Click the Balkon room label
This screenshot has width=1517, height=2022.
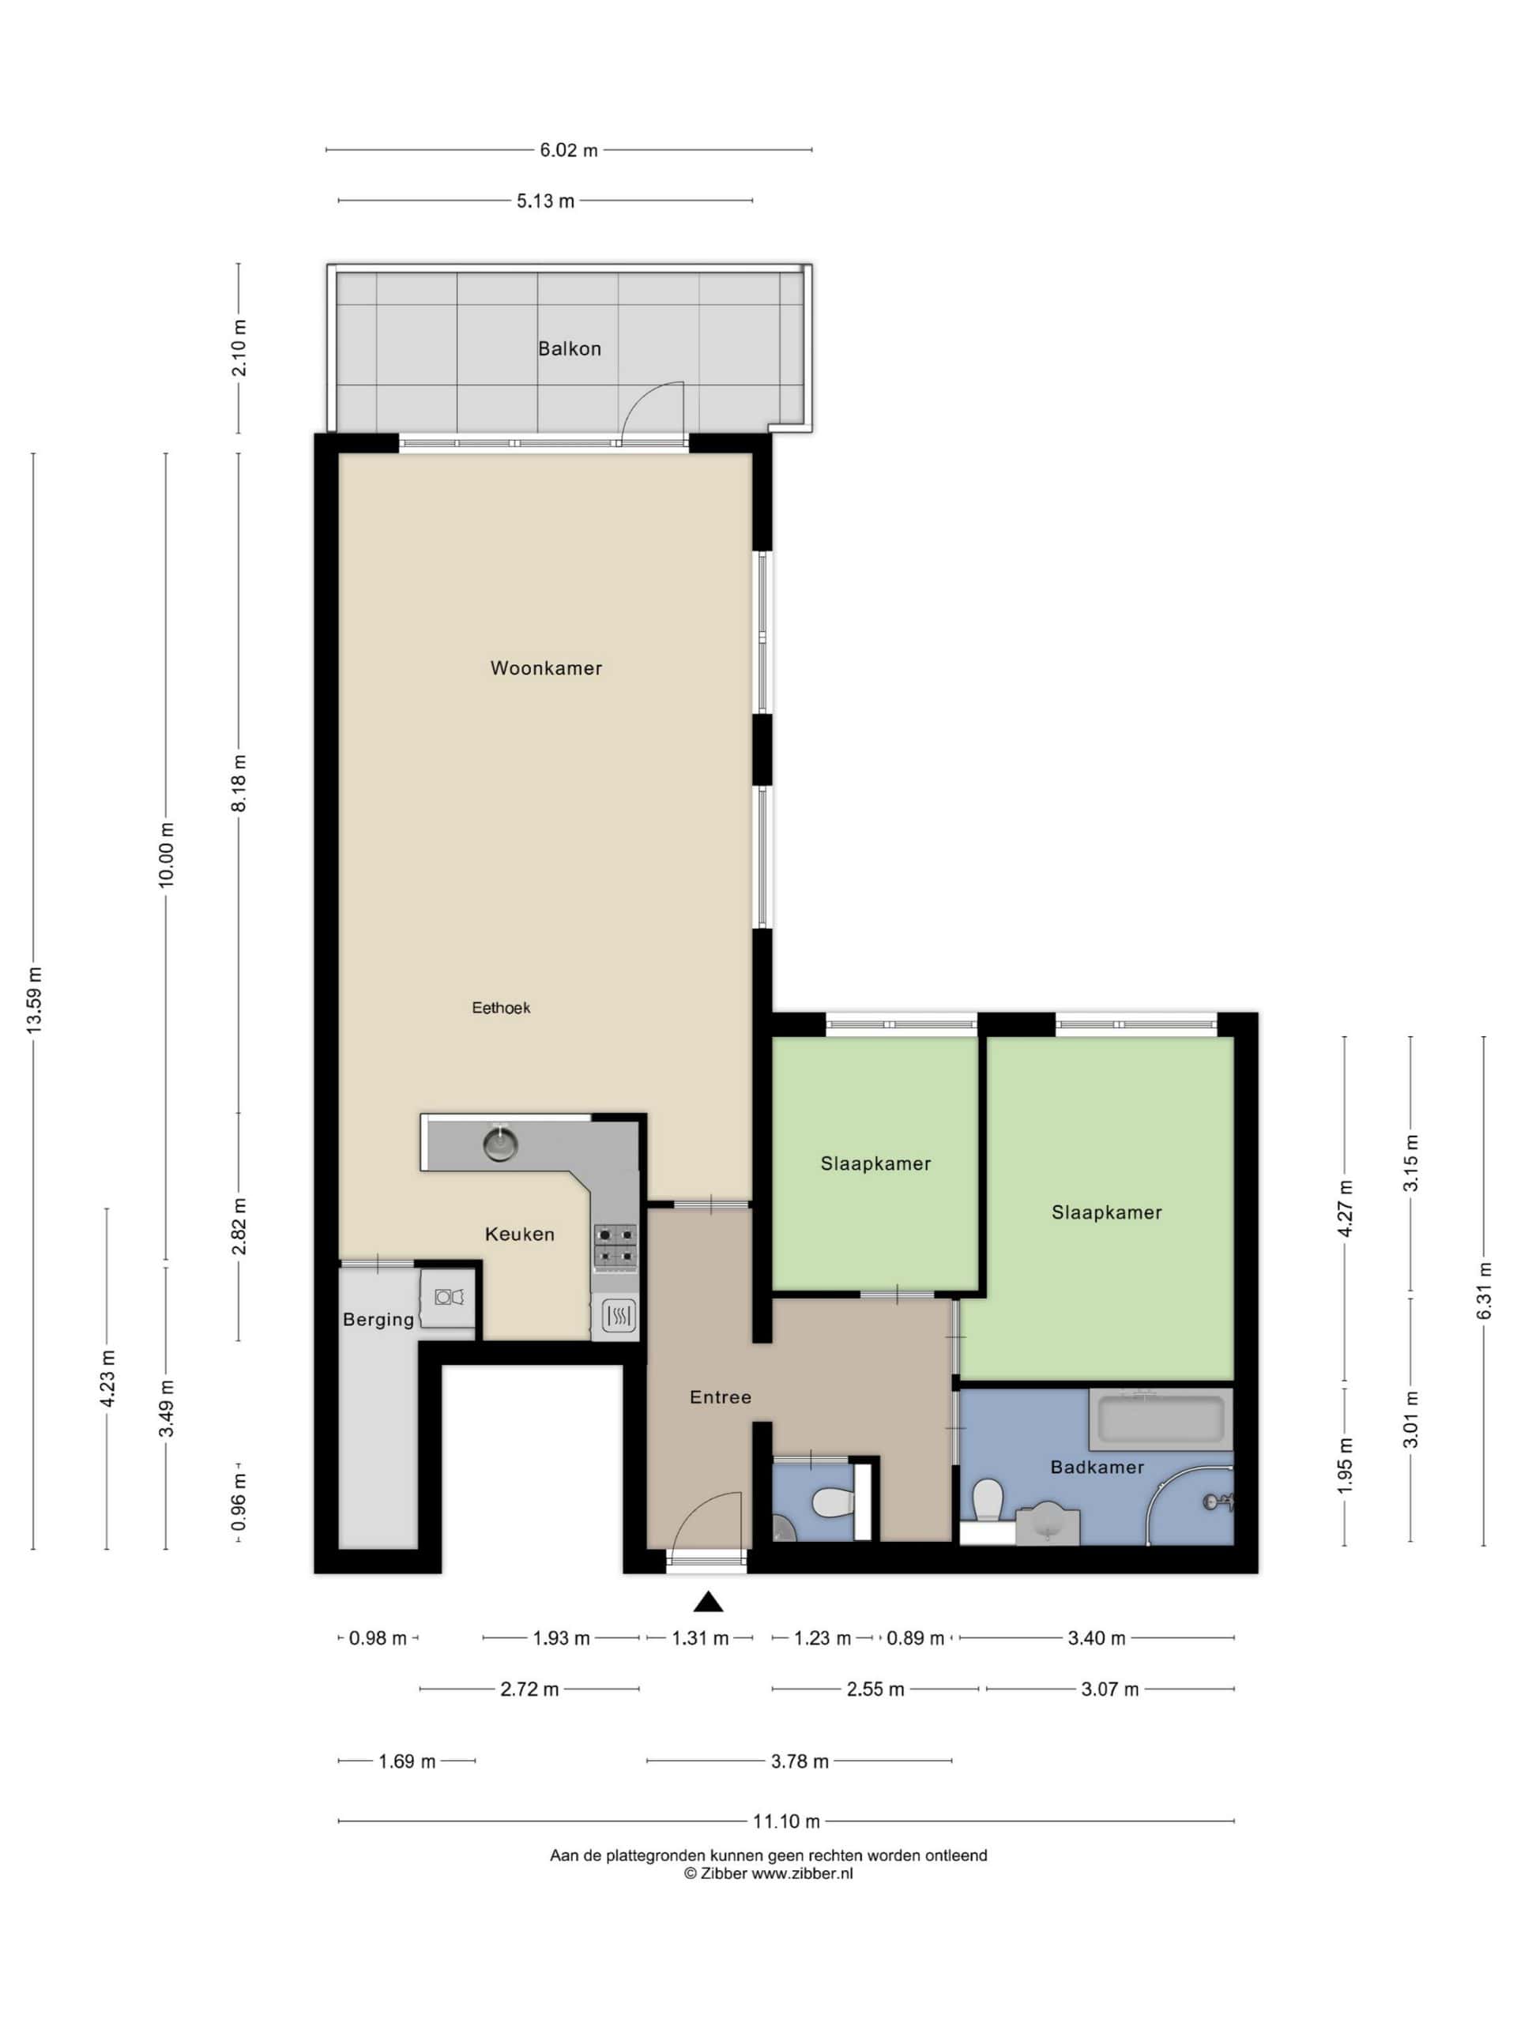click(x=569, y=348)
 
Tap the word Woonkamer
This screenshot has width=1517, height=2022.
click(x=546, y=668)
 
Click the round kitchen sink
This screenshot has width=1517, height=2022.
click(x=500, y=1144)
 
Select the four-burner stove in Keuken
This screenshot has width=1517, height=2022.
click(x=615, y=1247)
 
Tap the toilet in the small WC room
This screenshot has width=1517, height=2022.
click(x=831, y=1501)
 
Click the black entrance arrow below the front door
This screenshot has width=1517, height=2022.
click(x=708, y=1602)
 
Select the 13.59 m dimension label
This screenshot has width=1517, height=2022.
click(x=35, y=1000)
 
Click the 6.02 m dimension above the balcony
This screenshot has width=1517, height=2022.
click(x=568, y=150)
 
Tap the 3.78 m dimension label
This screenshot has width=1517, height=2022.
click(x=800, y=1761)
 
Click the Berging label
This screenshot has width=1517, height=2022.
click(x=378, y=1320)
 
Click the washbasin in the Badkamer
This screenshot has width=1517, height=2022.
click(x=1048, y=1523)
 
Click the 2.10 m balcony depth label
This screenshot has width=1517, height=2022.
click(x=239, y=348)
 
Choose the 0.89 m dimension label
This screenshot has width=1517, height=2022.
click(x=915, y=1638)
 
